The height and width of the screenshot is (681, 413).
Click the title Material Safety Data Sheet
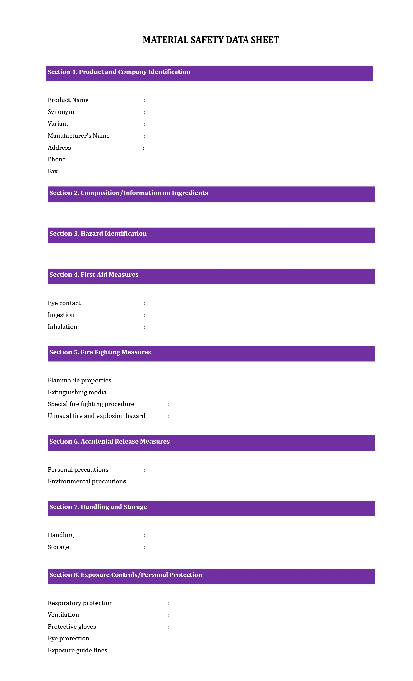pos(211,40)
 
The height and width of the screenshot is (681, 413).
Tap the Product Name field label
pos(68,100)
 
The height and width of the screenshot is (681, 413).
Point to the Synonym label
pos(61,112)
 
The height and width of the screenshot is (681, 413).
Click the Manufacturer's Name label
pos(79,136)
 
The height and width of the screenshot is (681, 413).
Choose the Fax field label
pos(53,171)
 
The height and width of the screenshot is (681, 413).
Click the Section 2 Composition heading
pos(129,193)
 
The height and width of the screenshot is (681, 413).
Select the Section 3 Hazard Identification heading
pos(98,234)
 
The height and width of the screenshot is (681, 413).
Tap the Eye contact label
pos(64,303)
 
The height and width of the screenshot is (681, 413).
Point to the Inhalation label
pos(62,327)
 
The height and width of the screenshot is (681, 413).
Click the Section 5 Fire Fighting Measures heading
pos(100,352)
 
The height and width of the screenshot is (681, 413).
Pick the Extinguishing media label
pos(77,392)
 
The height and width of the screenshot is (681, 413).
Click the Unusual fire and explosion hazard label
pos(97,416)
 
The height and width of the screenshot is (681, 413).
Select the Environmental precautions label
pos(87,481)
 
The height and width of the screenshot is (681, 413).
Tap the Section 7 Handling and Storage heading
pos(98,507)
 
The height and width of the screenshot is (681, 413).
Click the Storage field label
pos(58,547)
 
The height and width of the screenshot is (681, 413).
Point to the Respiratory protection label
pos(80,603)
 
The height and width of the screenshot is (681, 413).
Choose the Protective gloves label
pos(72,627)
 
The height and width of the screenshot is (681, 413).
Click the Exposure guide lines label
pos(77,650)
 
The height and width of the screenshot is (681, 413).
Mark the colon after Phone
pos(144,160)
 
